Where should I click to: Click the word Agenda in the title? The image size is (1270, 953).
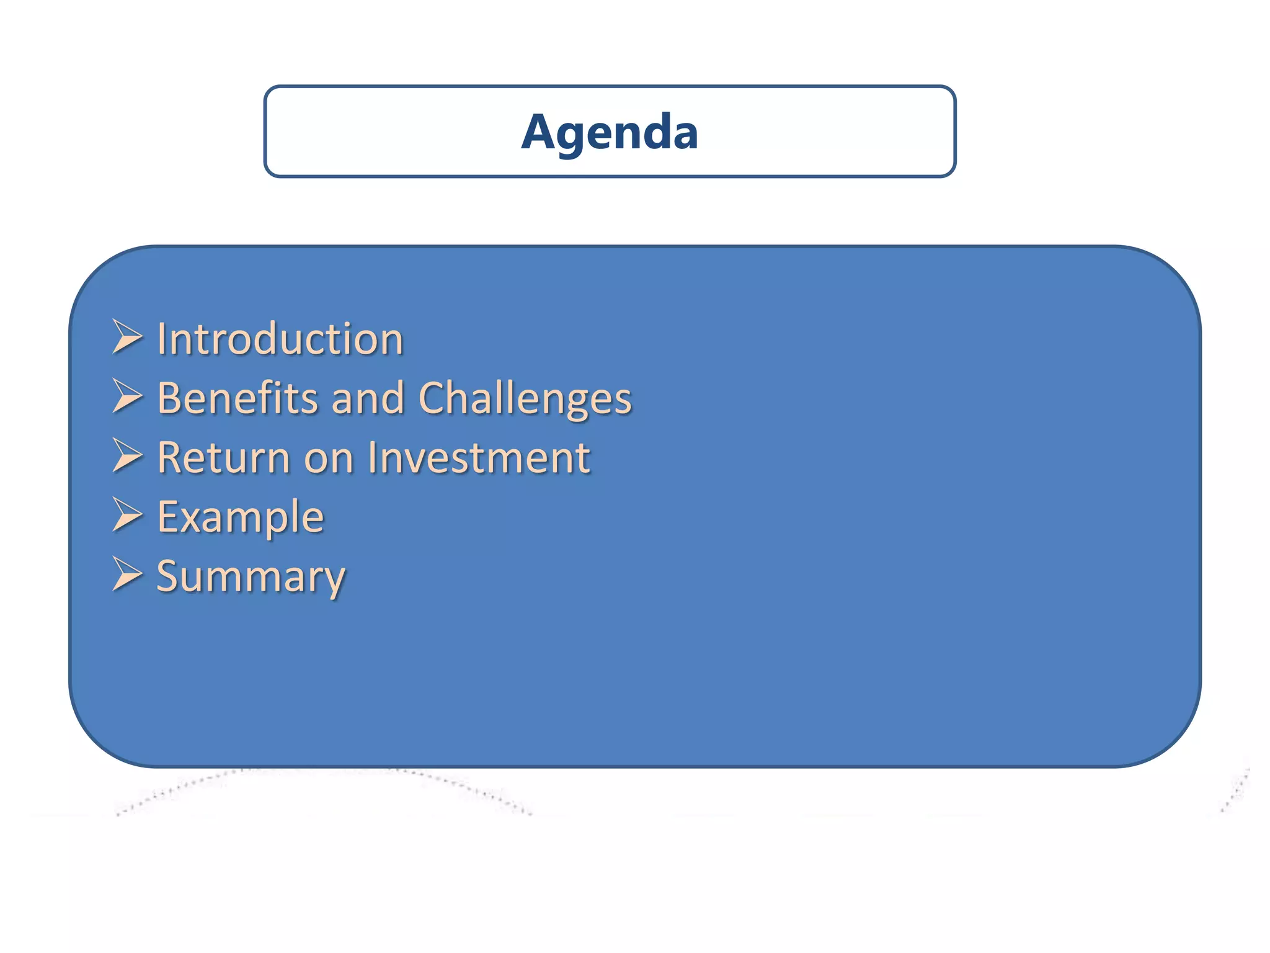click(610, 132)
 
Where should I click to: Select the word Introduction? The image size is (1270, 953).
click(280, 339)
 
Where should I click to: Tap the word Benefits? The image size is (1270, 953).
click(237, 398)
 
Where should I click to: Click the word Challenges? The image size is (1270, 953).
click(525, 399)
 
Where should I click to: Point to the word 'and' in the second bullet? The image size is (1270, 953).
click(368, 398)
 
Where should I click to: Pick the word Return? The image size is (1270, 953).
click(224, 457)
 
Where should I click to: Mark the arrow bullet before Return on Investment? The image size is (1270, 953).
click(127, 455)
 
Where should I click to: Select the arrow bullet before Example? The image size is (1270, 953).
click(127, 515)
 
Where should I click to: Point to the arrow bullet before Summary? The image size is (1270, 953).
click(127, 574)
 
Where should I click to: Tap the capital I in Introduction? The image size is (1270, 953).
click(161, 339)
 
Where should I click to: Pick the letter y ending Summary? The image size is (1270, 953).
click(334, 581)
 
